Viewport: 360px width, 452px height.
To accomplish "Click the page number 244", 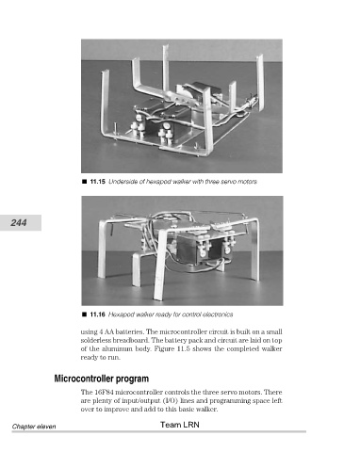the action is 19,223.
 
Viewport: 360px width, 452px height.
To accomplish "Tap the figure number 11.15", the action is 97,182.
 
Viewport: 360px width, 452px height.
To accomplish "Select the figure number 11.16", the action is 97,315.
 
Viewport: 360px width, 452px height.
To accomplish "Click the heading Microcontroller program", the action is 102,379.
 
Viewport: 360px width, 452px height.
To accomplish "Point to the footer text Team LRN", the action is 180,425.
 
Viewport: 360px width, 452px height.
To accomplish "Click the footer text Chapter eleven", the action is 34,427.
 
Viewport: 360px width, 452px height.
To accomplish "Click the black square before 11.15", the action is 84,182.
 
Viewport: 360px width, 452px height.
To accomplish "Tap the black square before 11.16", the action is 84,315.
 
